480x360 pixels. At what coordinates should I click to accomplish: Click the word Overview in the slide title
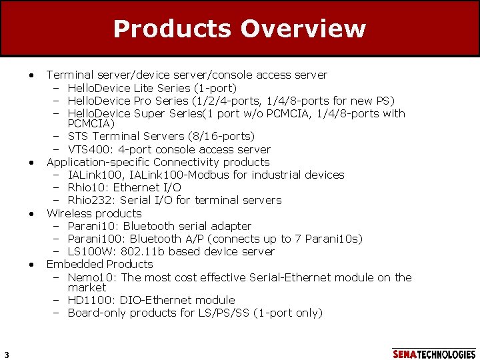point(303,29)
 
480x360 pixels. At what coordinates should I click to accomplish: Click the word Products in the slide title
point(173,29)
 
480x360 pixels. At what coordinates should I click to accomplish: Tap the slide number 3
point(5,353)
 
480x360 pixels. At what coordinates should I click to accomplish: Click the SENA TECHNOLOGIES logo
point(434,354)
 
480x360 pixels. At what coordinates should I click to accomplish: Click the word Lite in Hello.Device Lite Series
point(144,88)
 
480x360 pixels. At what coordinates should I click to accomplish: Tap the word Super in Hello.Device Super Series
point(150,113)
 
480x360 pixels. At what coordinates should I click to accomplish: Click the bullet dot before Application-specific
point(31,163)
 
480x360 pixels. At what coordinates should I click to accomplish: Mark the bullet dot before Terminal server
point(31,75)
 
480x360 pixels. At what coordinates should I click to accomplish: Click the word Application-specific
point(98,162)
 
